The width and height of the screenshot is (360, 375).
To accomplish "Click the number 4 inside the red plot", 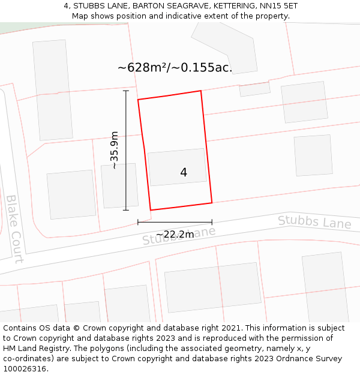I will click(184, 173).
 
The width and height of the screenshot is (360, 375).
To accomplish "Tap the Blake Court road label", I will click(14, 229).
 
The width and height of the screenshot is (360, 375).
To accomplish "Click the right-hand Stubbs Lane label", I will click(314, 223).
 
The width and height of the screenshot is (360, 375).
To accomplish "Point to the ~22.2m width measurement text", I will click(175, 235).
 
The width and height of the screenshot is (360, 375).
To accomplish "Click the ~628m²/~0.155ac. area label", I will click(175, 67).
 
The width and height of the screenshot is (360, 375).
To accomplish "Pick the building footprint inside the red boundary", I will click(177, 167).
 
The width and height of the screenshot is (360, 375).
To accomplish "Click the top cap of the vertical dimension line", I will click(126, 91).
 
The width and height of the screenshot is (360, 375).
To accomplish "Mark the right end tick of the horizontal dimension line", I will click(212, 222).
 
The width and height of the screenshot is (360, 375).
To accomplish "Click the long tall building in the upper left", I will click(52, 90).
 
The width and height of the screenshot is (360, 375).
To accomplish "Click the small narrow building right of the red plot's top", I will click(255, 89).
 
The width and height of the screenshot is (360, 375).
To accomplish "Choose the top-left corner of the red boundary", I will click(139, 100).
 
